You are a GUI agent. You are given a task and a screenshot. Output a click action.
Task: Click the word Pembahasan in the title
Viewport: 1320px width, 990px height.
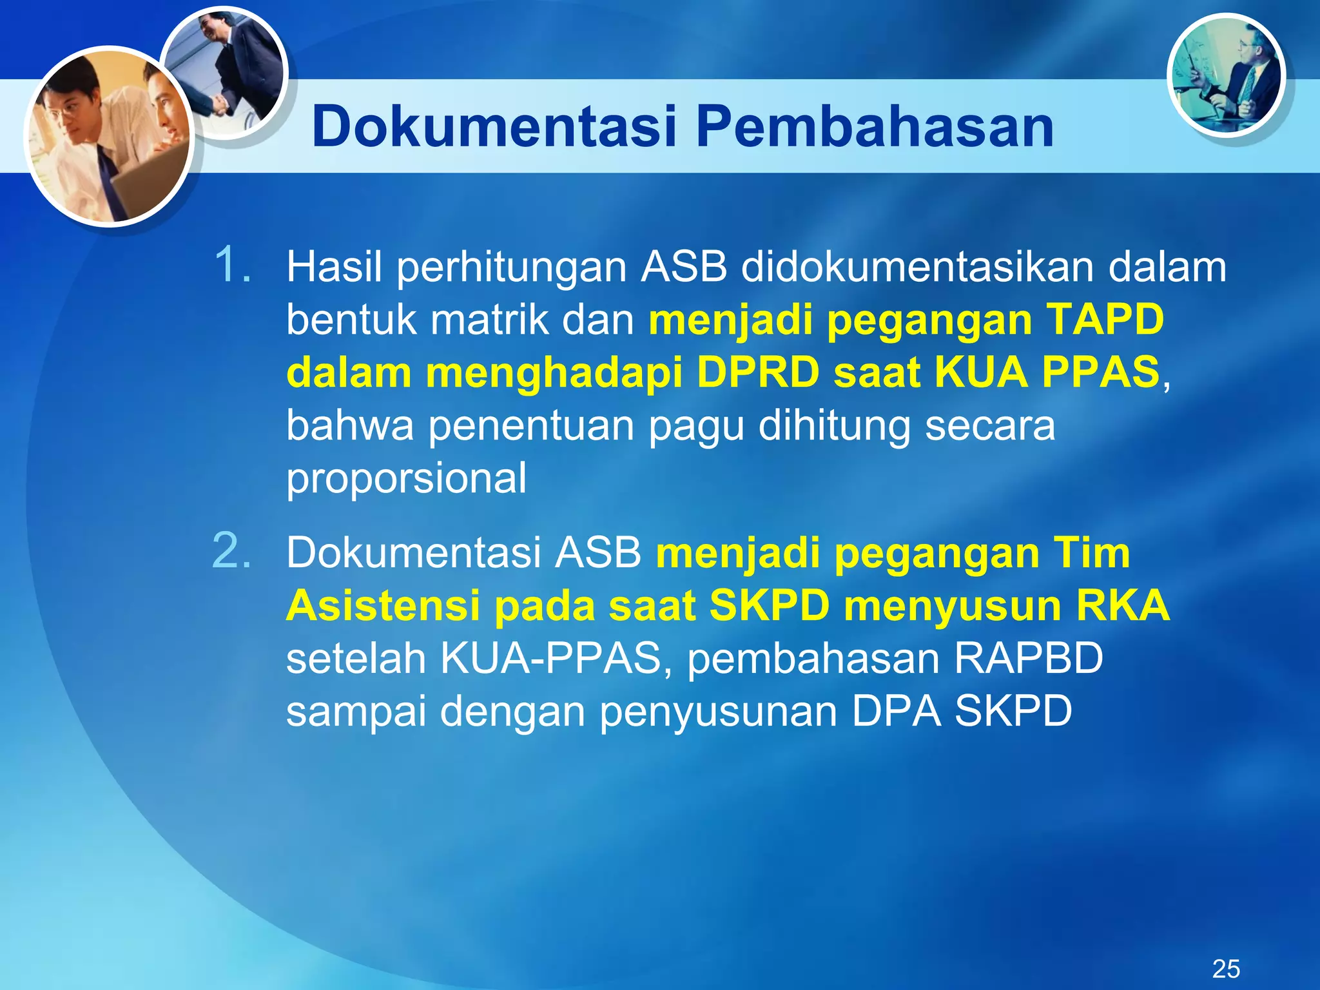coord(875,127)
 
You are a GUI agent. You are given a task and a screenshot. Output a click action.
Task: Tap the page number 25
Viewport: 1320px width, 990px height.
coord(1226,969)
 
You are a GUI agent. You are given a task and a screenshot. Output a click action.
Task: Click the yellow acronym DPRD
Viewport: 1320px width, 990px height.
coord(758,373)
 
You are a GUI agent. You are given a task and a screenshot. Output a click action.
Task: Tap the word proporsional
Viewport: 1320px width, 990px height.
coord(406,478)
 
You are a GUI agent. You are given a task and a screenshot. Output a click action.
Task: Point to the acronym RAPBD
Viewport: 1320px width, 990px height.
coord(1028,659)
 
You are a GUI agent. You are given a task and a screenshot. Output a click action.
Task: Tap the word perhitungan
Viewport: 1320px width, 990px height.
coord(511,266)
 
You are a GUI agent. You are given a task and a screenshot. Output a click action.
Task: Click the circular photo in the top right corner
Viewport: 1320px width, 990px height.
coord(1226,76)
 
